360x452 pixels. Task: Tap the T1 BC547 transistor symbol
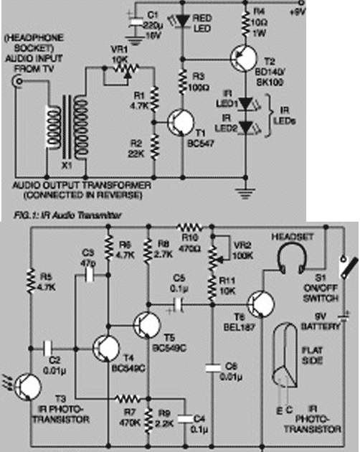[176, 121]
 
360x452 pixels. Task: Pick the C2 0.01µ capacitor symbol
[48, 348]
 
